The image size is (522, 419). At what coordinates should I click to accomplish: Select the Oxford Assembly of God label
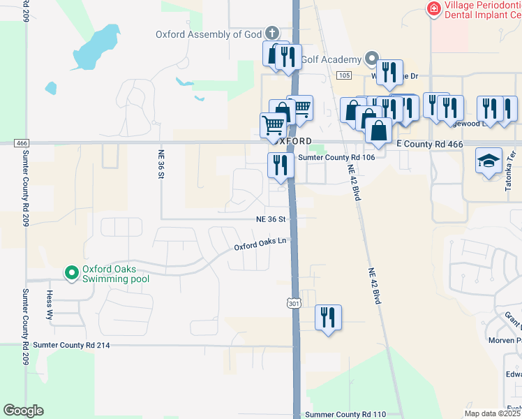(208, 34)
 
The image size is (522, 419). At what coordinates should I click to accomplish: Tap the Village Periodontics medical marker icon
(433, 8)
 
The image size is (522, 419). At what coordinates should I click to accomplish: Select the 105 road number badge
(343, 75)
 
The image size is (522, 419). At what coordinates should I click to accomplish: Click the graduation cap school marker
(489, 161)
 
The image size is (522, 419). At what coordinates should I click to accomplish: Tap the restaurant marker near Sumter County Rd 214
(328, 318)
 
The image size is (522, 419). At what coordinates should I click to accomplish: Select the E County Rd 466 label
(429, 143)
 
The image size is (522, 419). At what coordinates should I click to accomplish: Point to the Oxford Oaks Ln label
(260, 245)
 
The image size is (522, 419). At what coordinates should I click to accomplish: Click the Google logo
(24, 411)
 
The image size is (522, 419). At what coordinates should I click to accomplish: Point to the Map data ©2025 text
(491, 413)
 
